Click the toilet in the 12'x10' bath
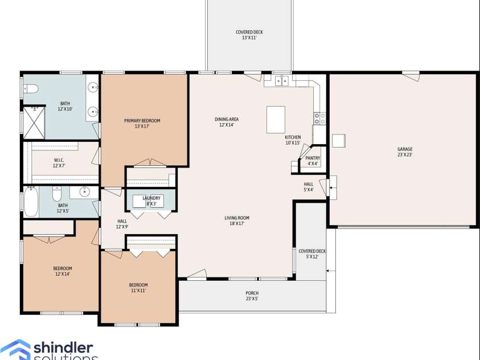[31, 89]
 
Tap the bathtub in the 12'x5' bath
[31, 202]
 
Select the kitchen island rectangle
[276, 120]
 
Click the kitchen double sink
[282, 81]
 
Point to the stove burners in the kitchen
[320, 118]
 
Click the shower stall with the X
[34, 122]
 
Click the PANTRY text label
[313, 158]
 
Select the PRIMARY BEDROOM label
[142, 121]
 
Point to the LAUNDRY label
[151, 198]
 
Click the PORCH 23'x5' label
[252, 296]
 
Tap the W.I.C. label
[59, 160]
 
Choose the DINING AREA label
[227, 119]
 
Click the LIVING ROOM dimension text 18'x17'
[237, 223]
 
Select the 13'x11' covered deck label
[249, 35]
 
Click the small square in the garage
[339, 141]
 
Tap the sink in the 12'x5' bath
[84, 192]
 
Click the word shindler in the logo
[63, 348]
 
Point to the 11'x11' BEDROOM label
[138, 288]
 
